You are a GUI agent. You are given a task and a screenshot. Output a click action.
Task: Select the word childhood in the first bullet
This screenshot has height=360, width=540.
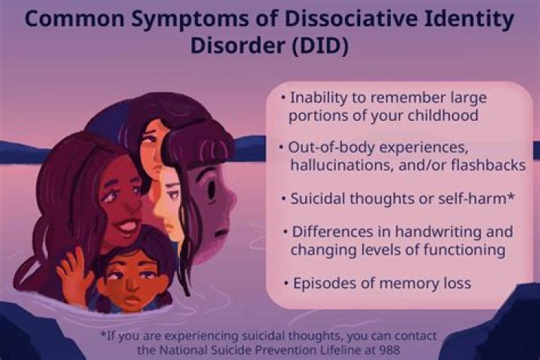(447, 116)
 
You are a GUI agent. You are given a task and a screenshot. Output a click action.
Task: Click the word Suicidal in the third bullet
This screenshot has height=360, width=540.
(319, 199)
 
